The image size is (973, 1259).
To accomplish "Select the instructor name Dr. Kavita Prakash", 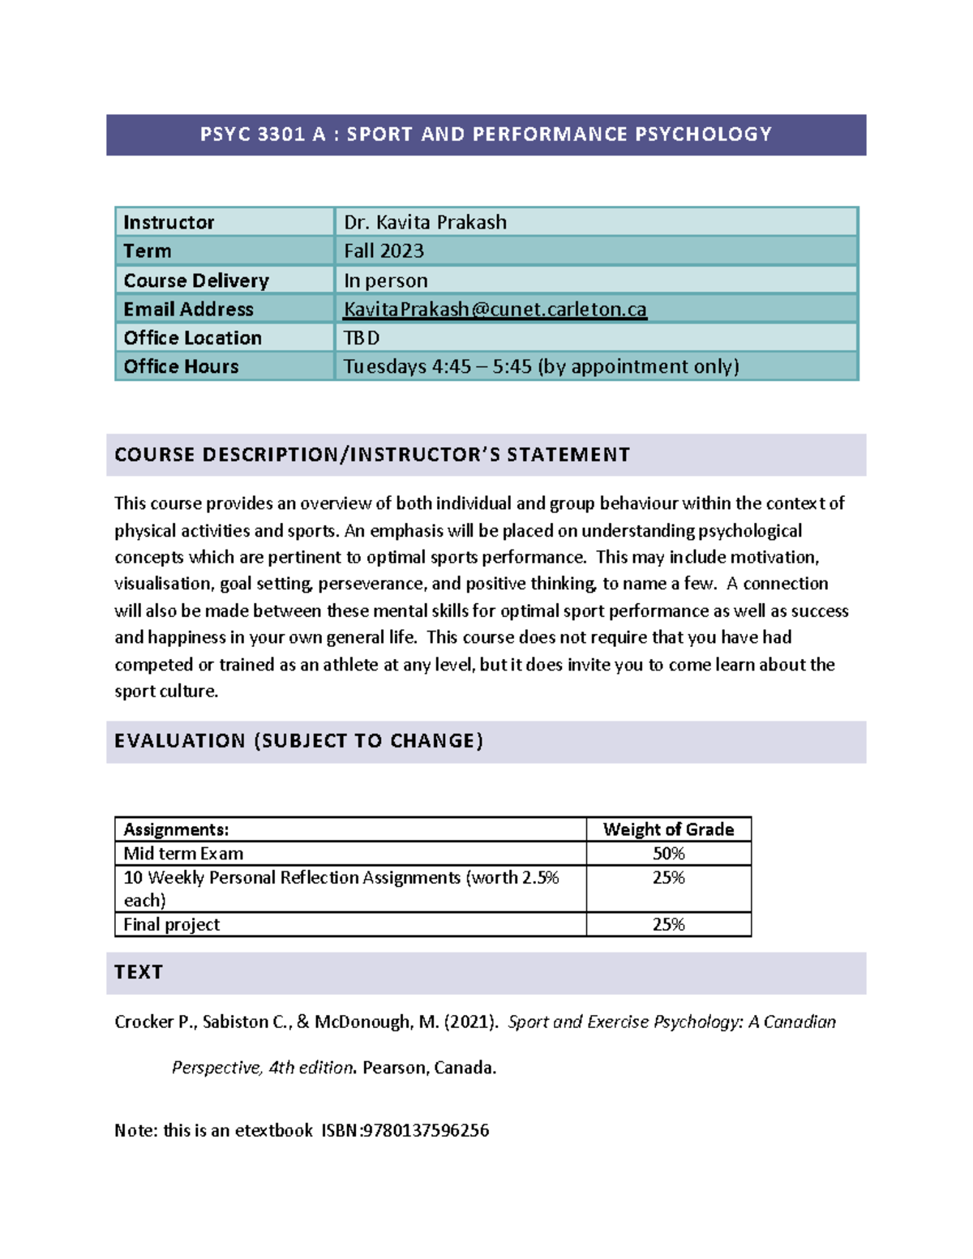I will click(x=425, y=222).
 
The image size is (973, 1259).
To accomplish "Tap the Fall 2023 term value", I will click(x=384, y=251).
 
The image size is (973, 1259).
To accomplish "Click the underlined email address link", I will click(x=495, y=309).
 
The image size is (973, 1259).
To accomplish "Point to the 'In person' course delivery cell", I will click(x=385, y=280).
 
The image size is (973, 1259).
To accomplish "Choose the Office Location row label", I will click(x=192, y=338).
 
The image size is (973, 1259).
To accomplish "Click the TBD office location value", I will click(x=362, y=338).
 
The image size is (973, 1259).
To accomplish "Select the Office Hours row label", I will click(x=181, y=366).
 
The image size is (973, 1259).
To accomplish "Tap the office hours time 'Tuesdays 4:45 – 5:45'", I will click(x=437, y=366).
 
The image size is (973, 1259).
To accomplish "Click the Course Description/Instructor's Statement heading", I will click(x=372, y=455).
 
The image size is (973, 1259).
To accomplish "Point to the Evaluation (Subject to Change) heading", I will click(x=298, y=741).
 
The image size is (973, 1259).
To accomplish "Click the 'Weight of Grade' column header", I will click(x=668, y=829).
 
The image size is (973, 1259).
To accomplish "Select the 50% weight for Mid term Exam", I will click(x=668, y=854).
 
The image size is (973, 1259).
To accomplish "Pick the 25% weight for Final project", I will click(x=668, y=924).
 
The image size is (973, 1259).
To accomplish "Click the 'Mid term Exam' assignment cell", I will click(x=183, y=854).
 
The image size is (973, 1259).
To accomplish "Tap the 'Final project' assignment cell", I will click(x=171, y=924).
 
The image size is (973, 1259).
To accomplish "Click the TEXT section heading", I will click(x=139, y=972).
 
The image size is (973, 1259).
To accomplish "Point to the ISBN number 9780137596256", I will click(x=426, y=1130).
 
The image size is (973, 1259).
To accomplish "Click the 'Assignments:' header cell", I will click(x=176, y=829).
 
